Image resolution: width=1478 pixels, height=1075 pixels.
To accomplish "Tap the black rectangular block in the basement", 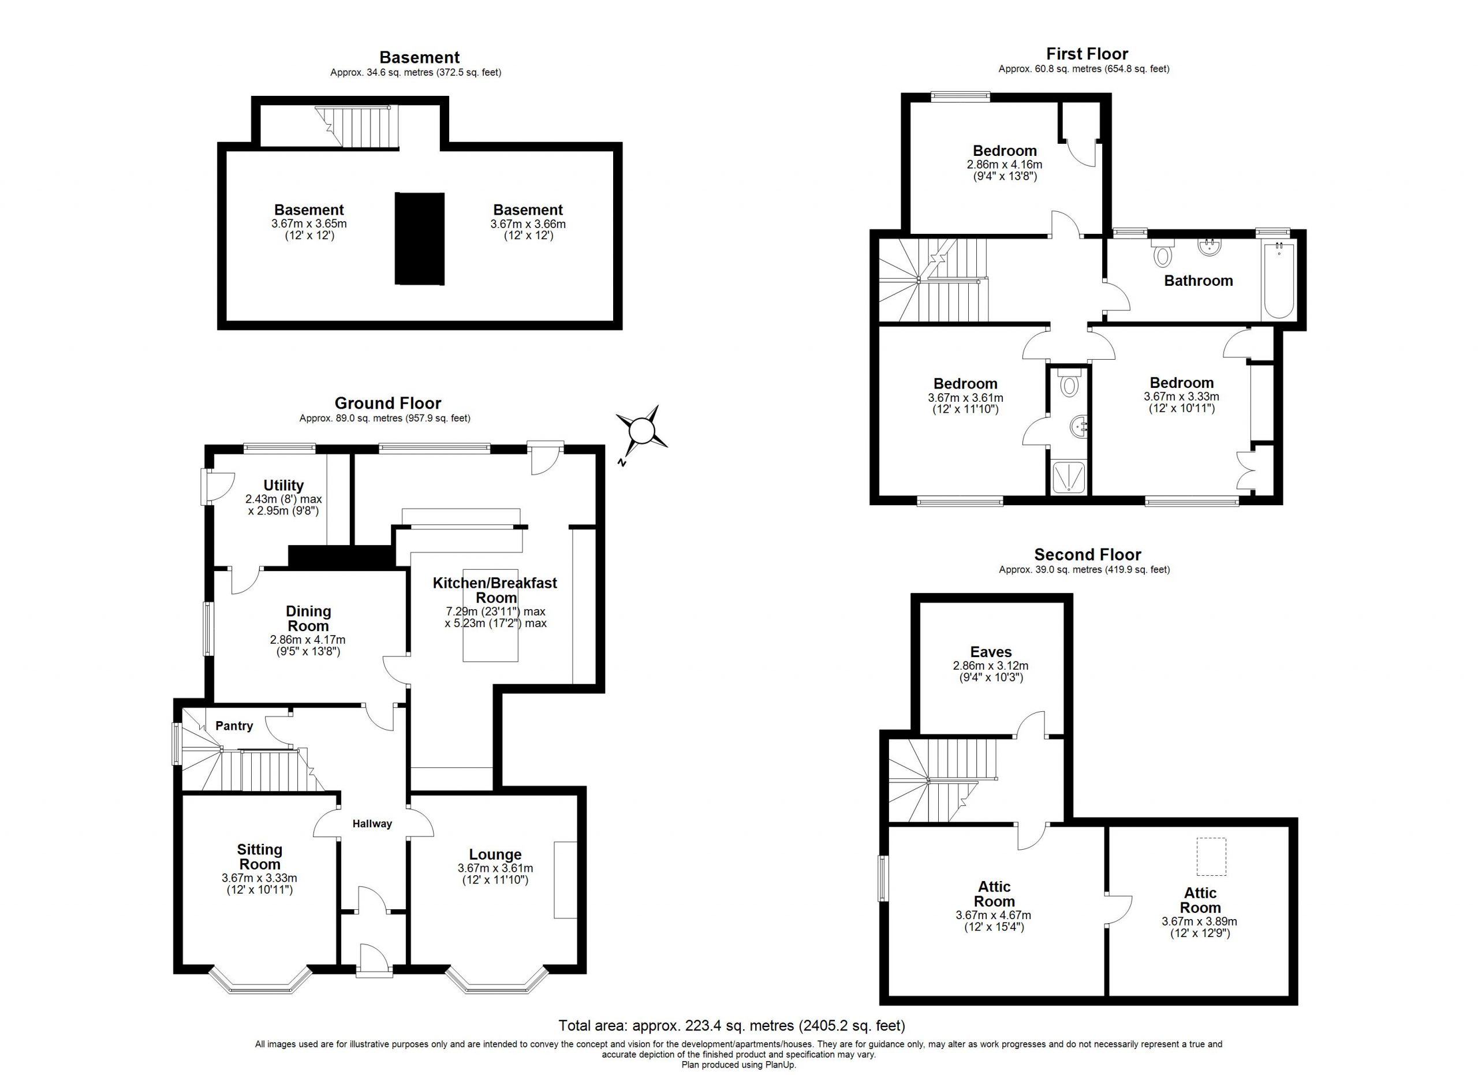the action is (420, 238).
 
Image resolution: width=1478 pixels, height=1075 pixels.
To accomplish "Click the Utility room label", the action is (283, 486).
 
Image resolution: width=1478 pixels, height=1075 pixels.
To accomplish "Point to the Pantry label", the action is (234, 726).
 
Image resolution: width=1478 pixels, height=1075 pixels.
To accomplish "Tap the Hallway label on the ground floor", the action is (372, 823).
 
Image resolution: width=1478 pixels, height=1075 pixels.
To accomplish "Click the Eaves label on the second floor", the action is (991, 651).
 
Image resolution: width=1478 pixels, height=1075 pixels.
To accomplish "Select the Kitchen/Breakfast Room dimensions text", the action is (495, 618).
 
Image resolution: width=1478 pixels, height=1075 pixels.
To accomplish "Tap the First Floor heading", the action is (1087, 54).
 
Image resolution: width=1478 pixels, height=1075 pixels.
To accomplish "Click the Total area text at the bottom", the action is (732, 1026).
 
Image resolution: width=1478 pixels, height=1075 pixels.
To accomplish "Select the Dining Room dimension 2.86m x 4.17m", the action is (308, 640).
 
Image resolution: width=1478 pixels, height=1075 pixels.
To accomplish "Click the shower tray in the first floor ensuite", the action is (1069, 477).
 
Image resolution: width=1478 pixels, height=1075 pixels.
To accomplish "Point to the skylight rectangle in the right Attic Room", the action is (1211, 857).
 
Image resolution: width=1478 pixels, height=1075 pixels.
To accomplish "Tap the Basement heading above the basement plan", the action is (419, 57).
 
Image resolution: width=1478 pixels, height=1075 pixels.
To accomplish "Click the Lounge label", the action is (495, 854).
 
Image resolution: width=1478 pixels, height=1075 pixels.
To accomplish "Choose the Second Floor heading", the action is (1088, 554).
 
